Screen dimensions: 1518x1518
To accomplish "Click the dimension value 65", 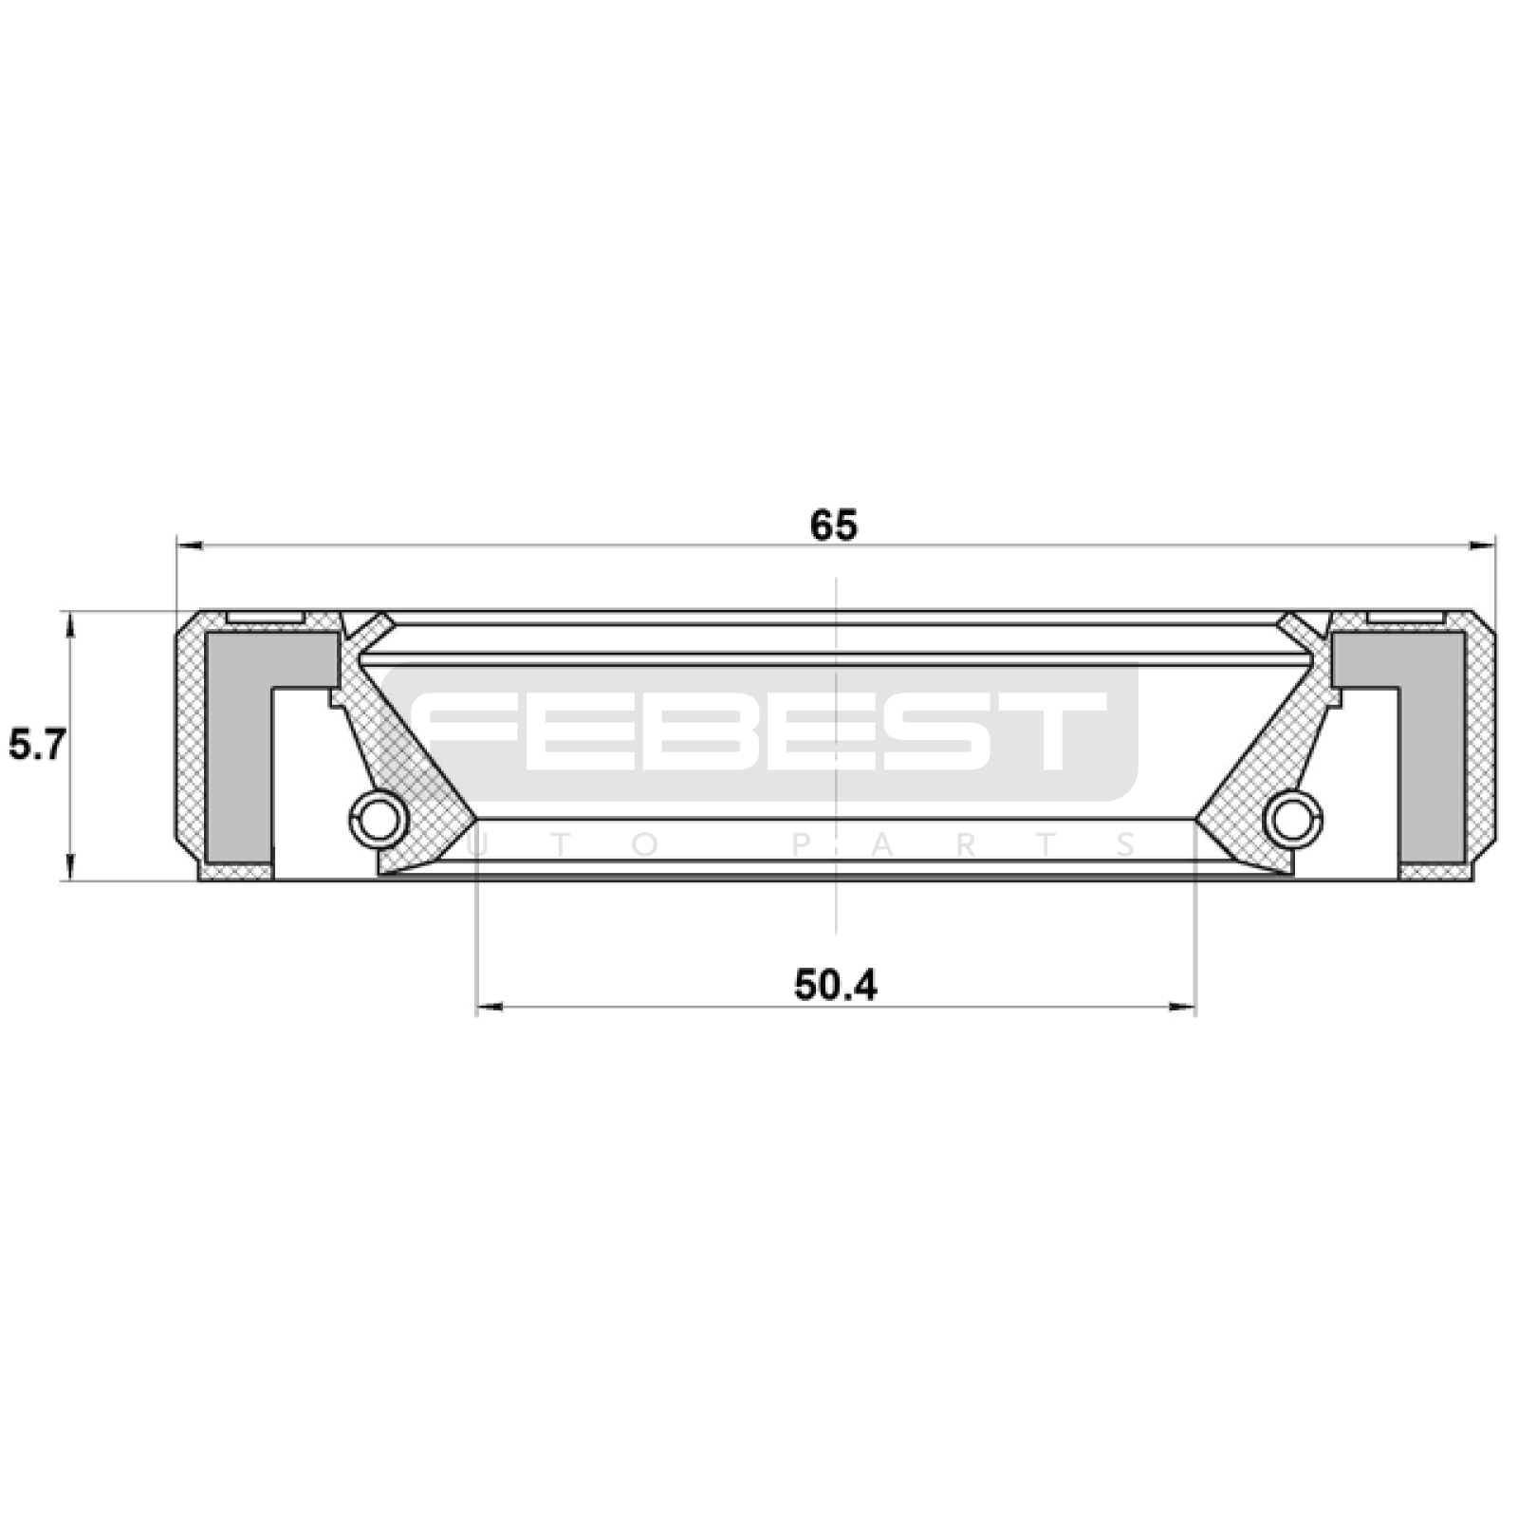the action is (x=834, y=526).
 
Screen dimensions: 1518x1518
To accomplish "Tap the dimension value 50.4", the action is (x=836, y=986).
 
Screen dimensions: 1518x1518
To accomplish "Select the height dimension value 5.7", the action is (x=37, y=745).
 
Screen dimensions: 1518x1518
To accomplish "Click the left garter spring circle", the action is (x=379, y=819).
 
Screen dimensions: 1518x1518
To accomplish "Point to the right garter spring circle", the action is (x=1293, y=819).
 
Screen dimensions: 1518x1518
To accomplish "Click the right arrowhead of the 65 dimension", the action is (x=1482, y=546).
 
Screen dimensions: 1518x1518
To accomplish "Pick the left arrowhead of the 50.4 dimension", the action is (x=489, y=1007).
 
